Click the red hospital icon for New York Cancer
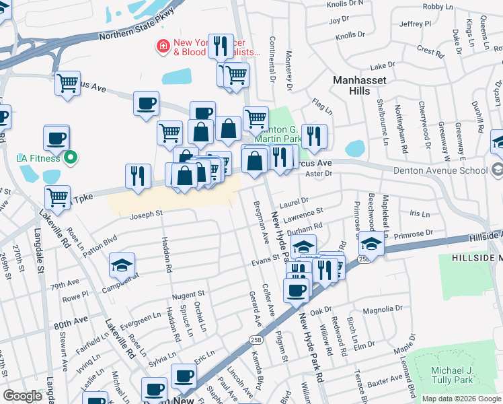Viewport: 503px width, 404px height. (162, 46)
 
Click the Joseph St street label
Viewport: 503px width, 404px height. (146, 214)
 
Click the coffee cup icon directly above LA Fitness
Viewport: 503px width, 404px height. (56, 138)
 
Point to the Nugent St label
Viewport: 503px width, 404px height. (188, 295)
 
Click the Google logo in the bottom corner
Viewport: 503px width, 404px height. (23, 396)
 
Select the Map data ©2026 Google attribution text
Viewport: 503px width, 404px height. (461, 399)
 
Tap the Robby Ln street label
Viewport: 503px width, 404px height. (438, 6)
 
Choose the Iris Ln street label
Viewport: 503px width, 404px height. (419, 213)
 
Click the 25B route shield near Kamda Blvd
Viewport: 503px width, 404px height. (255, 339)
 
